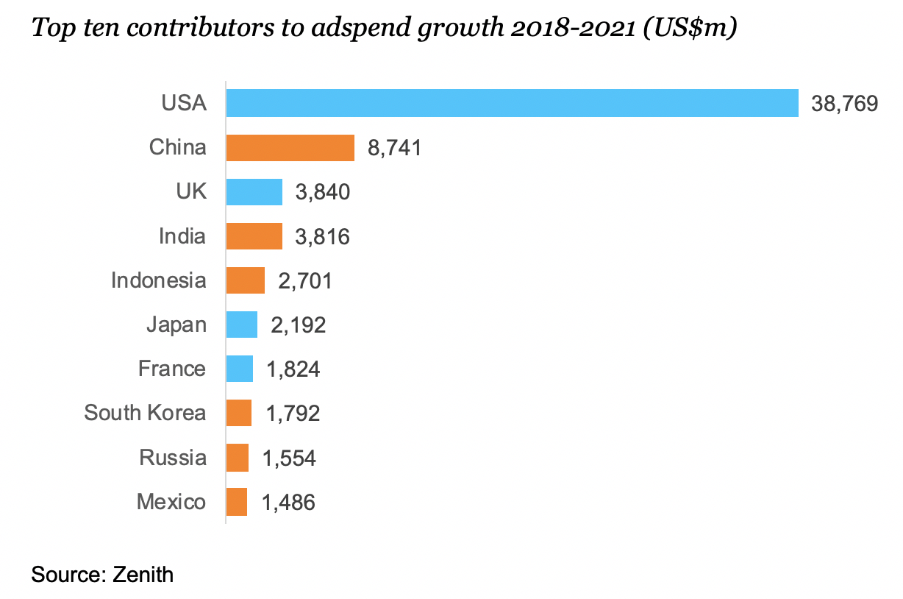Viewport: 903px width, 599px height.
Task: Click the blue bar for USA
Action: (x=512, y=103)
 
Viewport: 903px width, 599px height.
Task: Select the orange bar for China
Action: (x=290, y=148)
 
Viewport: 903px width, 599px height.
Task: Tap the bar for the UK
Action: (x=254, y=192)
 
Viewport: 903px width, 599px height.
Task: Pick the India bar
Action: (x=254, y=236)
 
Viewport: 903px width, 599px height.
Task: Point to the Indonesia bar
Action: (x=245, y=280)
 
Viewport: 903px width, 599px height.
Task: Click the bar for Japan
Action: (x=242, y=325)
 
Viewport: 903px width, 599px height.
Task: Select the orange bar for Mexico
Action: (x=237, y=502)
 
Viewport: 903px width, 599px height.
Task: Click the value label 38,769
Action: (x=844, y=104)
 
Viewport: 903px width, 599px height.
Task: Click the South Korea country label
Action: (x=145, y=413)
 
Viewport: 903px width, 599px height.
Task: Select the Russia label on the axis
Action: (x=173, y=458)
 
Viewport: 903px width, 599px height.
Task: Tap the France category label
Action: (x=172, y=369)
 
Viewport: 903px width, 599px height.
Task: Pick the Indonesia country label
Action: (x=159, y=280)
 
